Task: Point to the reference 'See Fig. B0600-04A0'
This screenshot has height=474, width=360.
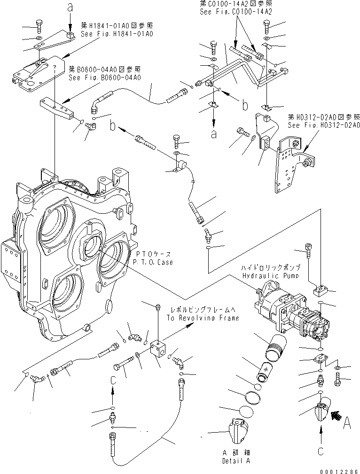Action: [104, 78]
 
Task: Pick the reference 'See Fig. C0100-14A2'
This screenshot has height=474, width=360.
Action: [236, 11]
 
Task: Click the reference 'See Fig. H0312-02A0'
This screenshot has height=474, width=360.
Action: [324, 125]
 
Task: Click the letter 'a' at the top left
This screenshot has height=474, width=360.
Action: [70, 8]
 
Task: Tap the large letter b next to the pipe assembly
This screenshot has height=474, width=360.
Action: [245, 105]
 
